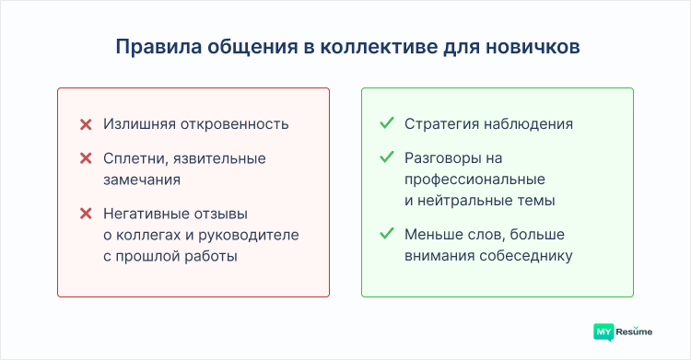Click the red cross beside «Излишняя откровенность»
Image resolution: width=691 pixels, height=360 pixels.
tap(86, 124)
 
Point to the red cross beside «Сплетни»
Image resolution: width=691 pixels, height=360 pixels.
tap(86, 158)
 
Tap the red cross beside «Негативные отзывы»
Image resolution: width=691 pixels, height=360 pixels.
tap(86, 213)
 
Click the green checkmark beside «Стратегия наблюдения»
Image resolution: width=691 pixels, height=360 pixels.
tap(387, 123)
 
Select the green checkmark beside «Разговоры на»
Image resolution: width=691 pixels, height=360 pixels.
tap(387, 157)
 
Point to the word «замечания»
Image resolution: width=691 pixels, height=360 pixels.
tap(141, 180)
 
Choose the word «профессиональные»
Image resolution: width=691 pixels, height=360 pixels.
tap(474, 179)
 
